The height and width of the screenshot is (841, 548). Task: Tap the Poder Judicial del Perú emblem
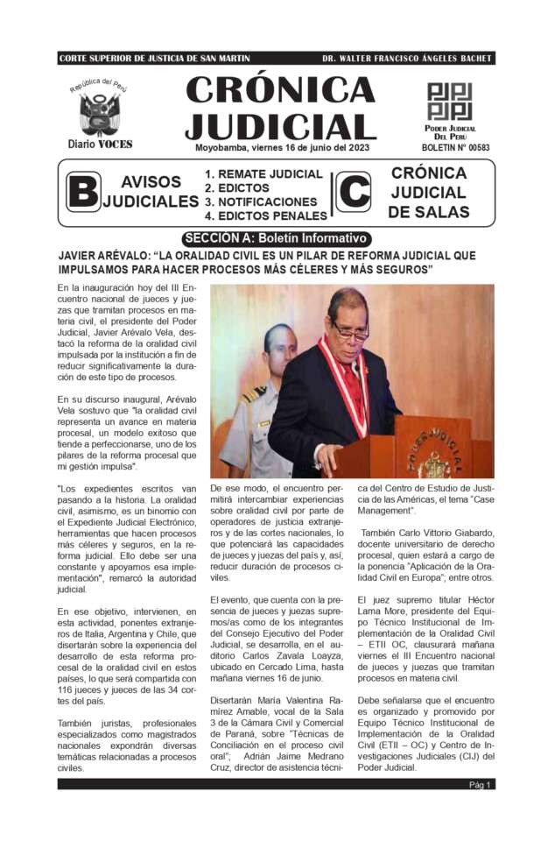[x=449, y=102]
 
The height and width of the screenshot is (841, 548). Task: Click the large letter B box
[x=82, y=192]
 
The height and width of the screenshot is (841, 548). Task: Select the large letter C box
[x=353, y=192]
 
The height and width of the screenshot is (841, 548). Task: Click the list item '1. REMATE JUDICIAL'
[x=263, y=174]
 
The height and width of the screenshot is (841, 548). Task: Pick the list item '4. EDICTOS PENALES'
[x=265, y=216]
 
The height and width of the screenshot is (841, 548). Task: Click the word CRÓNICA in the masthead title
[x=280, y=90]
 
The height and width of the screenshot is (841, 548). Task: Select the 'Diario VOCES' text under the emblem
[x=99, y=144]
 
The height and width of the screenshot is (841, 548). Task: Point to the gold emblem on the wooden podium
[x=432, y=462]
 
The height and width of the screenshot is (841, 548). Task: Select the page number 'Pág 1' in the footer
[x=481, y=785]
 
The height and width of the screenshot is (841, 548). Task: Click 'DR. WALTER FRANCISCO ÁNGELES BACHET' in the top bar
[x=406, y=59]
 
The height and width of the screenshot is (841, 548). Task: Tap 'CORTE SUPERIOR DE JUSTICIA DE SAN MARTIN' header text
[x=154, y=59]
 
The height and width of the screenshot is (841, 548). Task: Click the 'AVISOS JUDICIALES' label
[x=151, y=192]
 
